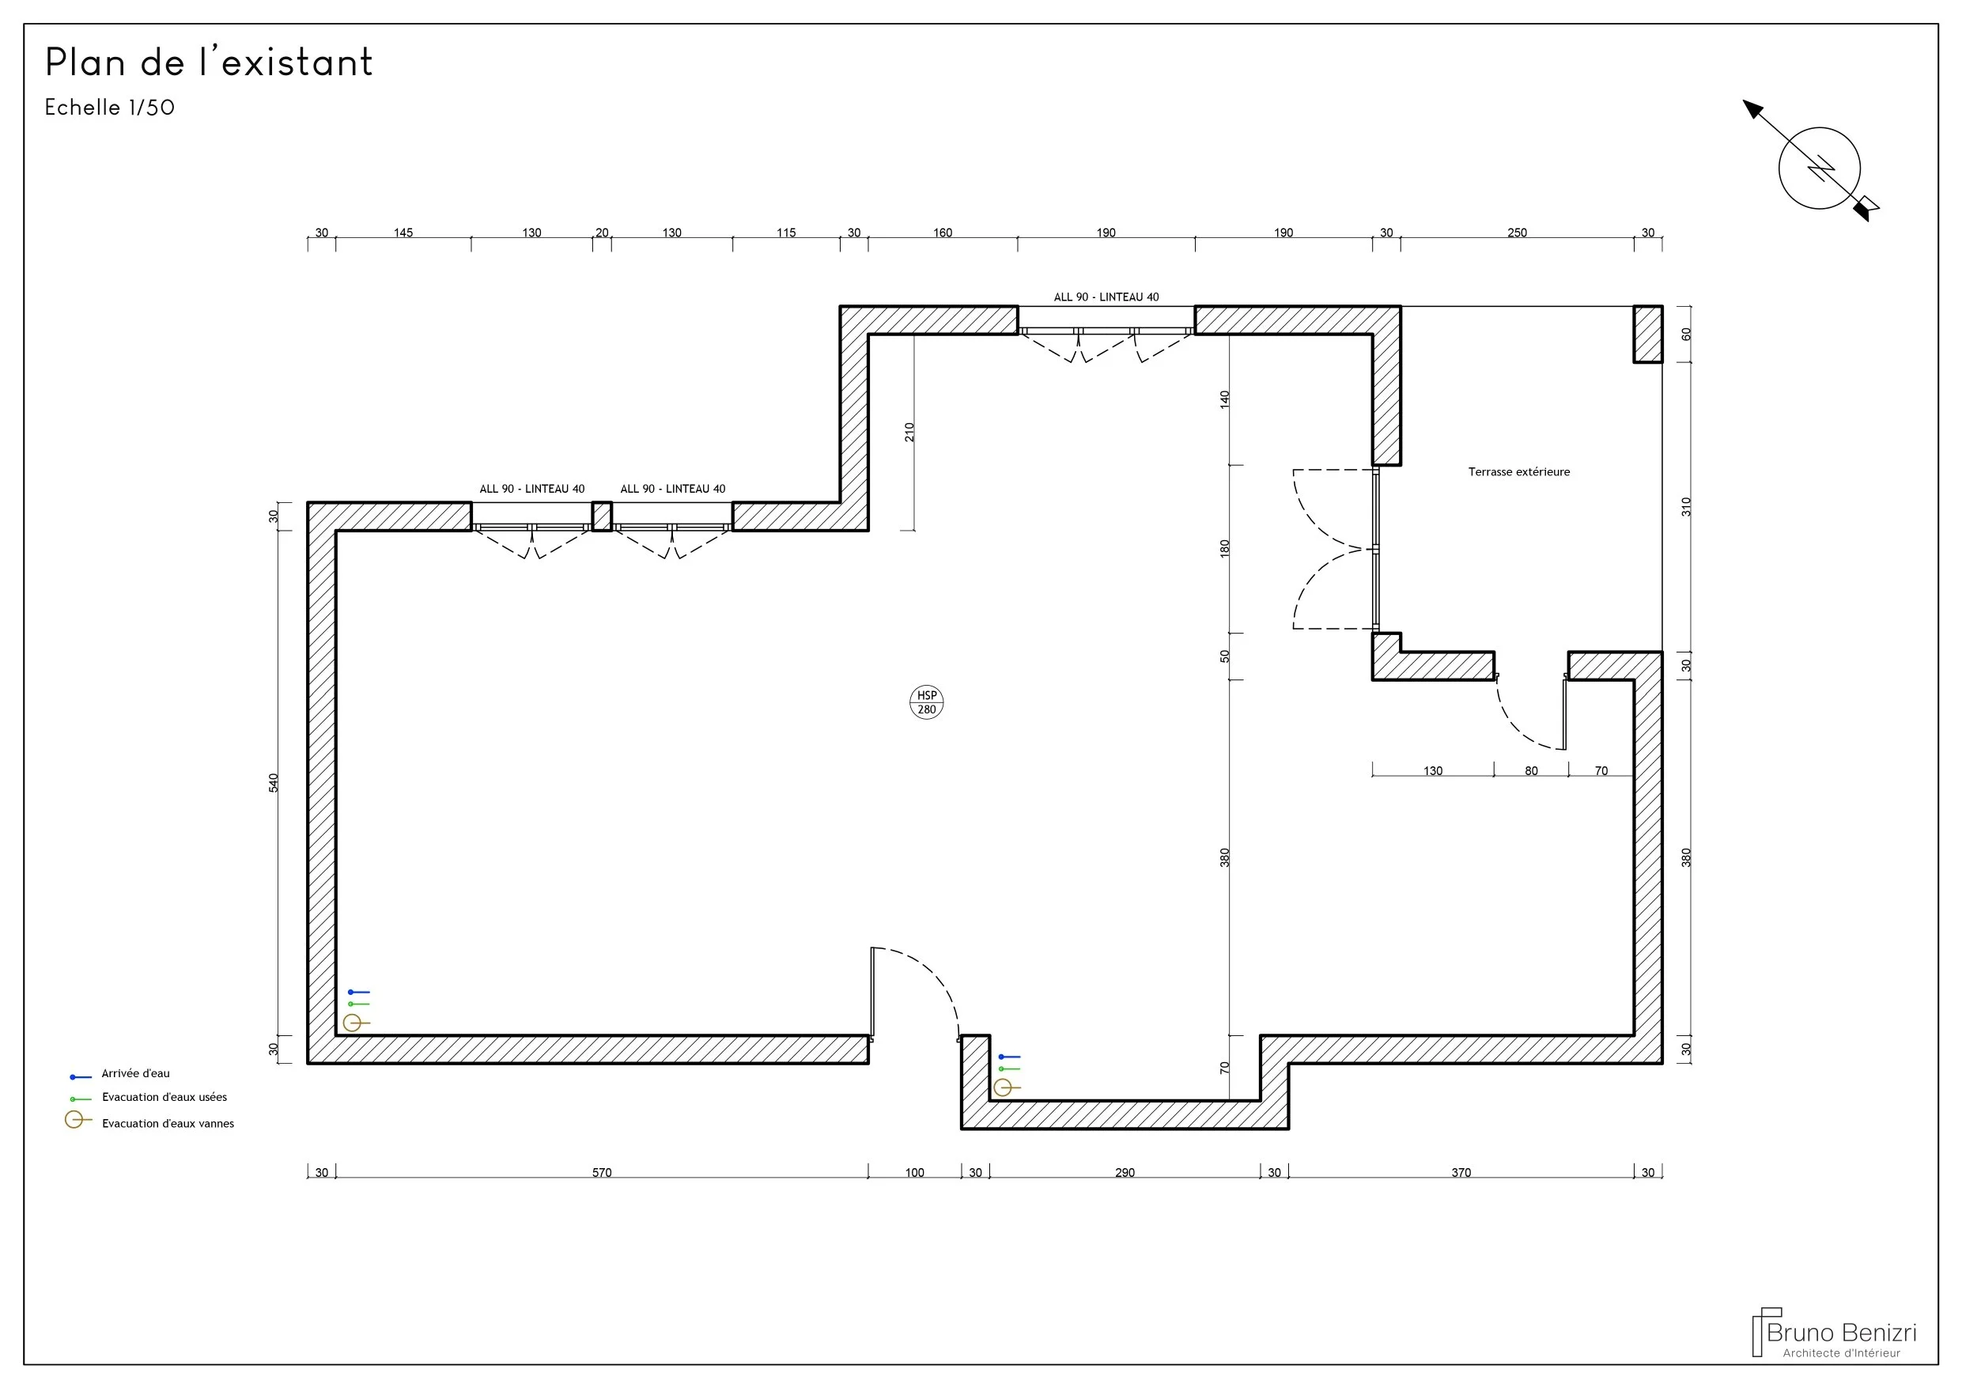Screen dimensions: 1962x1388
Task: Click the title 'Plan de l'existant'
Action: (210, 62)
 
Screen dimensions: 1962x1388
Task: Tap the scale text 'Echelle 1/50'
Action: (109, 108)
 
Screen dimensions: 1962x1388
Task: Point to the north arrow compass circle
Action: (1820, 127)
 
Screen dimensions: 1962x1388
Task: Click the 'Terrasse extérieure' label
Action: (1518, 472)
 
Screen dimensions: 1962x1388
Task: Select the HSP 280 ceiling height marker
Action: (926, 702)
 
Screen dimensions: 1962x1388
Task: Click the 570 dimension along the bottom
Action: (602, 1173)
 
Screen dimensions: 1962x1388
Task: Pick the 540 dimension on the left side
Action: (274, 783)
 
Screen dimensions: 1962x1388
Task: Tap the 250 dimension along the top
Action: (1517, 233)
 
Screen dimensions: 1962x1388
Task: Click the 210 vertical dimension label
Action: (909, 433)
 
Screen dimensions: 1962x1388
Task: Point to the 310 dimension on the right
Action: (1686, 507)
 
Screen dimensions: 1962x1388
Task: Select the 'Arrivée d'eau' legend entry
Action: (136, 1073)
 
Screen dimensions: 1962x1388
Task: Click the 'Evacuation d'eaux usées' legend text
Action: (165, 1098)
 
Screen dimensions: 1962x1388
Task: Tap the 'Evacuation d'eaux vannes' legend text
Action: (168, 1124)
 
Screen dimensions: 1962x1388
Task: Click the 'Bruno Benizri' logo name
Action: (1842, 1333)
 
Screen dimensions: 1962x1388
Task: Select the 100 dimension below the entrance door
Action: (914, 1173)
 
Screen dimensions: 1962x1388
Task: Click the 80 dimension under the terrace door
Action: (1531, 771)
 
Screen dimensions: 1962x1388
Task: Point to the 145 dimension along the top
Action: (403, 233)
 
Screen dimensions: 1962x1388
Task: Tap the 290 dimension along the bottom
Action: (1125, 1173)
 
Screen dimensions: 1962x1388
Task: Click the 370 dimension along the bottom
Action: (1461, 1173)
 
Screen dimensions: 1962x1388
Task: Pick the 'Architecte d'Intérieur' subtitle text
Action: (1842, 1353)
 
